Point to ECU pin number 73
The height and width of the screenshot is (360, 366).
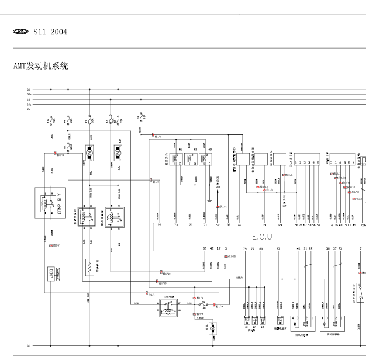tap(175, 224)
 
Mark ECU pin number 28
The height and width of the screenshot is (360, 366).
tap(160, 224)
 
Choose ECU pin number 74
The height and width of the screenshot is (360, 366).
tap(239, 224)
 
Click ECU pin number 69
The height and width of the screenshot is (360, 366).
tap(280, 224)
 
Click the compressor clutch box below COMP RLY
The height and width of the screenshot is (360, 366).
tap(51, 273)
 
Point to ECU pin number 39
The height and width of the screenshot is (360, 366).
tap(264, 224)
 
